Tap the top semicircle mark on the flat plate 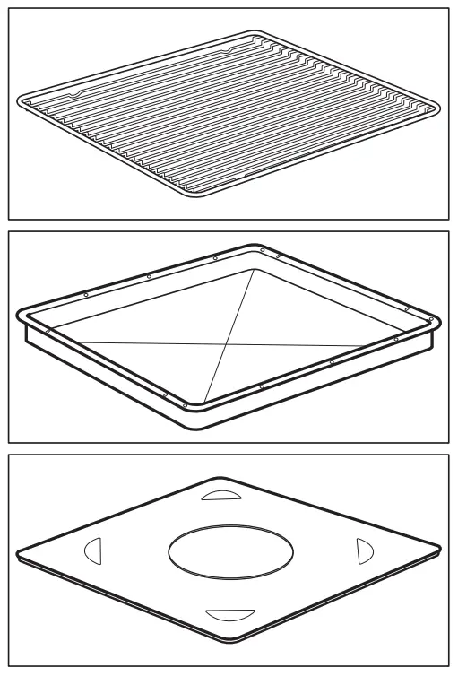(x=220, y=495)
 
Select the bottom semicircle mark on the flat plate (x=224, y=614)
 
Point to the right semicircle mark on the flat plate (x=364, y=550)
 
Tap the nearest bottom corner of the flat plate (x=240, y=642)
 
